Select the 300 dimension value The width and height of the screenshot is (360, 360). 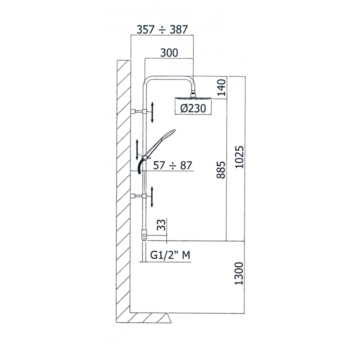169,53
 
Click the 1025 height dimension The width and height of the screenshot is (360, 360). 238,157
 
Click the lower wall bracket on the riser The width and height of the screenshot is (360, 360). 139,196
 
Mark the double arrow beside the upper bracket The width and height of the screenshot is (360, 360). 153,112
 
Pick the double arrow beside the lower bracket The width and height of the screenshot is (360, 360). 153,197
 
